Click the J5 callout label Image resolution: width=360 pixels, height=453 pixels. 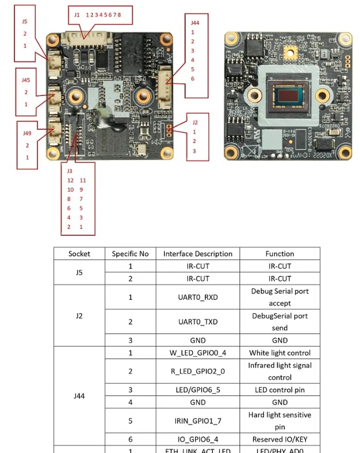(25, 22)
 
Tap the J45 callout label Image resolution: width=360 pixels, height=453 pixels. (26, 80)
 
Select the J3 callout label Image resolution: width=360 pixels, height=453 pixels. (69, 171)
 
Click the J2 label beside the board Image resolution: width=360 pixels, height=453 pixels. (195, 122)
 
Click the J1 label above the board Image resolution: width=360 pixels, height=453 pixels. (77, 15)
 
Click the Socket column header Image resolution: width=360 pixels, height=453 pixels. (79, 254)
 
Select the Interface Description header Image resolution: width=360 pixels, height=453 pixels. (198, 254)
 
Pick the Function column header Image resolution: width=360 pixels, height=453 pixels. (279, 254)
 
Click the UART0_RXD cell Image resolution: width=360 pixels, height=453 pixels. (198, 297)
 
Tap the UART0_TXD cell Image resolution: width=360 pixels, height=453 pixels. (198, 322)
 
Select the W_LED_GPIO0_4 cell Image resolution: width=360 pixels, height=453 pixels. (198, 353)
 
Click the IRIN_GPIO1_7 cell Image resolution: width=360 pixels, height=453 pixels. (198, 421)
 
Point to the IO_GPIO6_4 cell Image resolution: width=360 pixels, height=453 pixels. (198, 440)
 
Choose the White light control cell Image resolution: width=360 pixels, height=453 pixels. (279, 353)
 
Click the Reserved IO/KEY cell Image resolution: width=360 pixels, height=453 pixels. (279, 440)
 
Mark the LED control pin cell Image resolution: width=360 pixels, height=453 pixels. (279, 390)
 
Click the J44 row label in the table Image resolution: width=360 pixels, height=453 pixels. (79, 396)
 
